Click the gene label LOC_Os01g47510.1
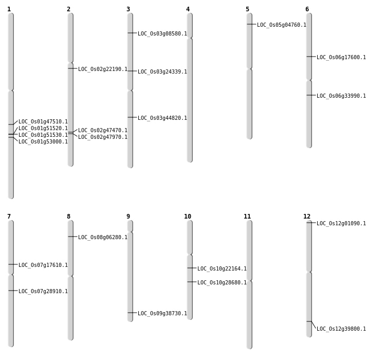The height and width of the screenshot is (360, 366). (x=43, y=122)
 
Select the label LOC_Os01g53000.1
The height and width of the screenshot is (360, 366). (x=43, y=142)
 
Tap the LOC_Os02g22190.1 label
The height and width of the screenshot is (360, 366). (x=103, y=69)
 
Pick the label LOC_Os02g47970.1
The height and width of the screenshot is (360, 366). (x=103, y=137)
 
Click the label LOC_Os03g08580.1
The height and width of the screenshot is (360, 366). (x=162, y=34)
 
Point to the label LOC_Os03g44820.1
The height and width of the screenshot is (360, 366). (x=162, y=118)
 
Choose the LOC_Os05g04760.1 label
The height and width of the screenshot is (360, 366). (x=282, y=25)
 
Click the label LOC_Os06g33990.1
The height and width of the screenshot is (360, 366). (x=341, y=96)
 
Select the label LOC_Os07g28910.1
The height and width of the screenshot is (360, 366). (x=43, y=292)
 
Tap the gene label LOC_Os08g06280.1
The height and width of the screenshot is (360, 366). (x=103, y=238)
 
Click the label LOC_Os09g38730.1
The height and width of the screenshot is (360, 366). (x=162, y=314)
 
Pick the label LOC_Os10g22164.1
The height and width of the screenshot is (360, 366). (x=222, y=269)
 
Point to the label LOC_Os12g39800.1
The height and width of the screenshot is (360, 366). (x=341, y=329)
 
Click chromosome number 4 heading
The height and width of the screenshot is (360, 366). (x=188, y=9)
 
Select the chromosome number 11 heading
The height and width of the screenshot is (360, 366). (x=247, y=217)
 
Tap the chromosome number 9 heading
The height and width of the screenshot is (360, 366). (x=128, y=217)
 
